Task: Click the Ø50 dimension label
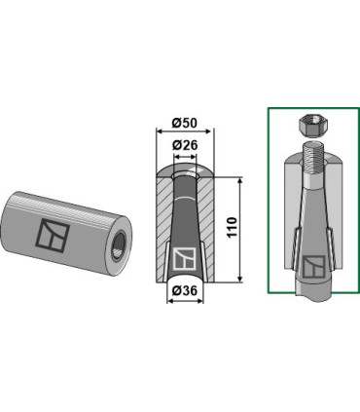coord(185,123)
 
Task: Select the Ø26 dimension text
coord(185,145)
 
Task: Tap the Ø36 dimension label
coord(185,290)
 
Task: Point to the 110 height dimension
coord(233,228)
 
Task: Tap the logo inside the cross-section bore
coord(184,258)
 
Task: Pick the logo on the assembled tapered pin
coord(313,267)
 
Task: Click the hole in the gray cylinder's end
coord(119,245)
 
